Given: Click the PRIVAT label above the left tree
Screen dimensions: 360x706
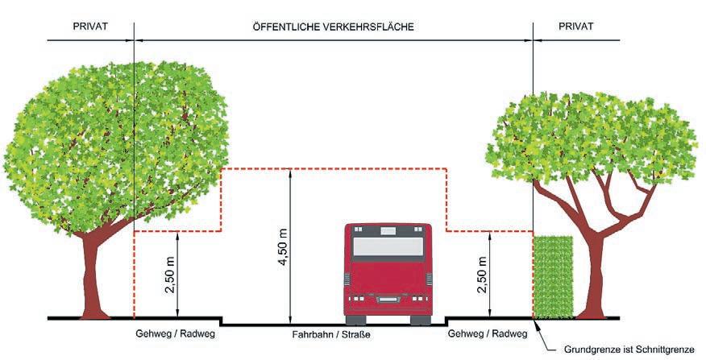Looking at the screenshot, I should point(89,27).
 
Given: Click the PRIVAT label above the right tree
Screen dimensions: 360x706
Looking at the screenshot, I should point(575,27).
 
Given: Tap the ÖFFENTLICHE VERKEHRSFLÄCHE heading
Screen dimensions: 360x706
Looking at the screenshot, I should point(333,27).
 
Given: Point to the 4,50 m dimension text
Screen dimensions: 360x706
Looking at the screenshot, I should point(282,242).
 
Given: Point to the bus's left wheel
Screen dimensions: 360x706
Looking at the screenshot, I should point(355,319).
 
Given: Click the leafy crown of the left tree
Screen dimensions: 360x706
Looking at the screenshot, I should point(113,137).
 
